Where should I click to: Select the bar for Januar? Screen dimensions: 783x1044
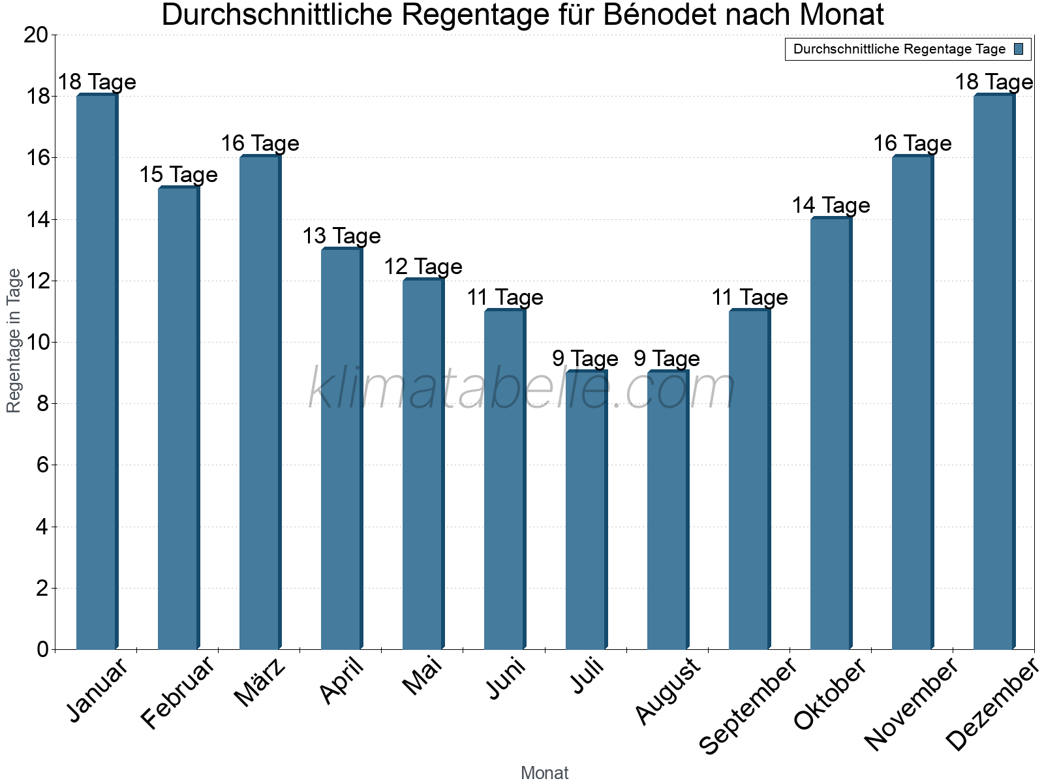click(x=97, y=372)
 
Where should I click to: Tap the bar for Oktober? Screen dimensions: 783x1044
click(x=831, y=434)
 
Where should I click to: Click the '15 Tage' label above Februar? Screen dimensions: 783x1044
click(x=178, y=175)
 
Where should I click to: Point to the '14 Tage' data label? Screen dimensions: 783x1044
click(x=831, y=206)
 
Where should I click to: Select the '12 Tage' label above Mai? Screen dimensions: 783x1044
click(x=423, y=267)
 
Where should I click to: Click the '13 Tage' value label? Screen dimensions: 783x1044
click(x=341, y=236)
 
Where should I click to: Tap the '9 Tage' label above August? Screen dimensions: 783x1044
click(x=667, y=359)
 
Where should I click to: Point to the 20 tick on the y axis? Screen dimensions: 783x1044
click(x=35, y=35)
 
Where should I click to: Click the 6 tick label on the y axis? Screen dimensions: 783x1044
click(x=42, y=465)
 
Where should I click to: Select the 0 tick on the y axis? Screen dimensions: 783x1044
click(x=42, y=649)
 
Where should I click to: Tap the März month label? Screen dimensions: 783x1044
click(x=260, y=683)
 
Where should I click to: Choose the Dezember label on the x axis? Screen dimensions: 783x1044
click(x=992, y=705)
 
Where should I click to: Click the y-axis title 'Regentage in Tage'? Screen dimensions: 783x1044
click(x=14, y=341)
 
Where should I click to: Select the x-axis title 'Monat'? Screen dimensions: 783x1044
click(x=544, y=773)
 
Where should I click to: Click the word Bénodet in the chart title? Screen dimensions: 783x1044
click(x=659, y=16)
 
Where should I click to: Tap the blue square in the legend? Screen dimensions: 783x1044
click(x=1019, y=49)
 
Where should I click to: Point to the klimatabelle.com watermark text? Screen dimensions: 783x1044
click(x=522, y=389)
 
